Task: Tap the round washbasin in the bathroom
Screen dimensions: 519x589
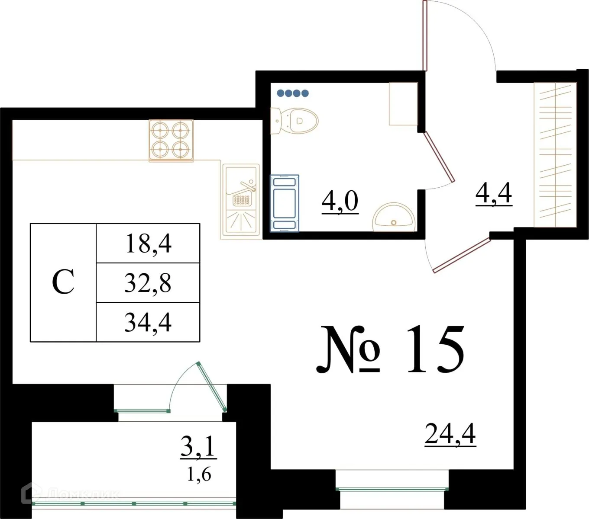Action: (x=394, y=217)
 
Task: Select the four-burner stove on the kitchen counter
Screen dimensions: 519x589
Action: (x=171, y=141)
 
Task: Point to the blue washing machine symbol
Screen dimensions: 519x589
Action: (x=285, y=203)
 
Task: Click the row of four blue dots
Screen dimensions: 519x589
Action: (x=293, y=93)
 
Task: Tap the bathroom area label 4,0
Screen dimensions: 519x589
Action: (x=340, y=201)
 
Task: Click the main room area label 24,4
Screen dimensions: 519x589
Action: (x=450, y=434)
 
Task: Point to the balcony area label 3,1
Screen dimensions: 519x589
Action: (x=198, y=446)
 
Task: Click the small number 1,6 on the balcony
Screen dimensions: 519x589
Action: (x=199, y=474)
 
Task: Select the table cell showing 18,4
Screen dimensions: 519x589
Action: (x=148, y=243)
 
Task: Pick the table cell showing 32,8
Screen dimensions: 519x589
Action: (x=148, y=283)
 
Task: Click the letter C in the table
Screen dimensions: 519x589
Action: (x=63, y=282)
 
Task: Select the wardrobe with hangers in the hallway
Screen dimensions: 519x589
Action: (x=555, y=154)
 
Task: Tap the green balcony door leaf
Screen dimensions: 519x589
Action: (x=212, y=387)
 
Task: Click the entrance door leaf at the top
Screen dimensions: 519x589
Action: (x=425, y=36)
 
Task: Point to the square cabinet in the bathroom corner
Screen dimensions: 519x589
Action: (x=403, y=104)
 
